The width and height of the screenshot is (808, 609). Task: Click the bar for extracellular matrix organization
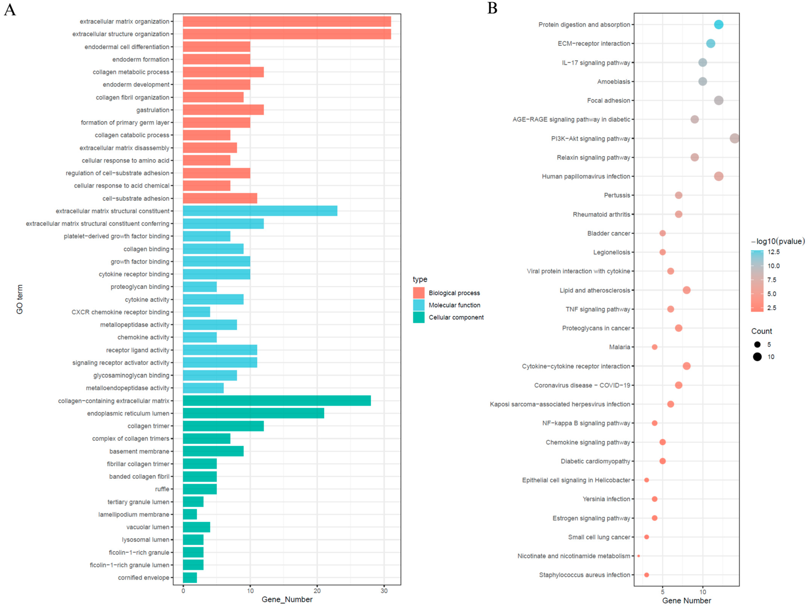point(287,21)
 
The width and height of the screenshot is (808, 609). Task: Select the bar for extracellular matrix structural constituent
point(260,211)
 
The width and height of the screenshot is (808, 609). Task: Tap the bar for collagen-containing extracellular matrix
point(276,401)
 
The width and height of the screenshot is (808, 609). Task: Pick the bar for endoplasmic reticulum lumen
point(253,413)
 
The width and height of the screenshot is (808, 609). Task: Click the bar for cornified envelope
point(190,578)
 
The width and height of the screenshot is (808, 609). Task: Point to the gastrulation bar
point(223,110)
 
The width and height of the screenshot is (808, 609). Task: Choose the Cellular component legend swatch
point(419,317)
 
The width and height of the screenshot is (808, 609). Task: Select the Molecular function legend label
point(454,305)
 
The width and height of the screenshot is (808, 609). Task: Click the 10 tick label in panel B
point(702,592)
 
